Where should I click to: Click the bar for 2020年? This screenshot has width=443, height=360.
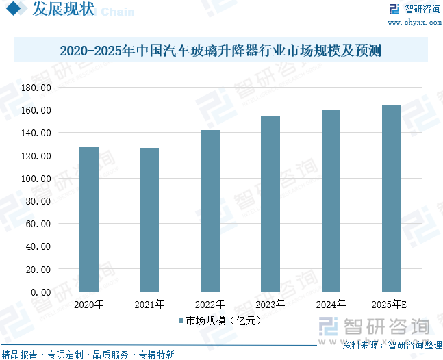tap(89, 219)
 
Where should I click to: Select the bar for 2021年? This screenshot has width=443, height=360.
tap(149, 220)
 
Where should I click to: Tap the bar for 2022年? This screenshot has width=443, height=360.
tap(210, 211)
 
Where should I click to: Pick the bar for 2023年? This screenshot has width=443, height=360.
tap(270, 204)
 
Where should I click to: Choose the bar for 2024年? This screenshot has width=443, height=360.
tap(331, 201)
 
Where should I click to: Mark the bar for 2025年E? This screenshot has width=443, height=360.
tap(392, 198)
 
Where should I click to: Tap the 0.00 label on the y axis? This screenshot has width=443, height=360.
tap(41, 292)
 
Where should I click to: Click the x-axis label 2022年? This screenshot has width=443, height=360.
tap(210, 305)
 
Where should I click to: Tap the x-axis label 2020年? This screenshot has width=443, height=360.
tap(88, 305)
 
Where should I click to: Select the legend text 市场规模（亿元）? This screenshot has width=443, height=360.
tap(224, 320)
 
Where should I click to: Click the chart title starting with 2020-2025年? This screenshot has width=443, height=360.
tap(220, 51)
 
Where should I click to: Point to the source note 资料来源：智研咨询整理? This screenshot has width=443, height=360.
tap(391, 345)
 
